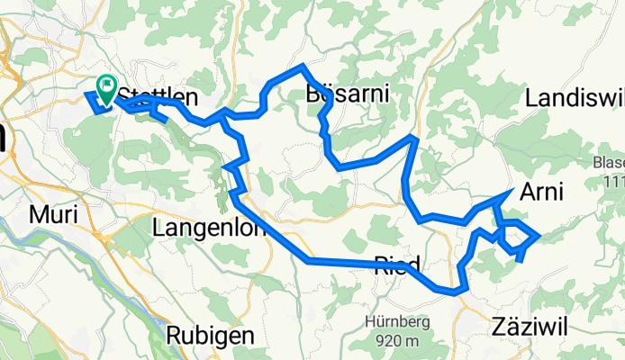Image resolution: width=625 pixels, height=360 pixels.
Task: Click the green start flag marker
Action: (106, 88)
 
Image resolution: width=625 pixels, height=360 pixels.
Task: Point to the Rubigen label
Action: (210, 335)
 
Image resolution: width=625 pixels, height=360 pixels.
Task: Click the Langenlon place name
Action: (212, 229)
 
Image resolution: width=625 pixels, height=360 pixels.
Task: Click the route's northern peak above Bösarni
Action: (303, 67)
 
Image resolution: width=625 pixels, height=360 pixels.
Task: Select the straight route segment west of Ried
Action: (351, 262)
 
